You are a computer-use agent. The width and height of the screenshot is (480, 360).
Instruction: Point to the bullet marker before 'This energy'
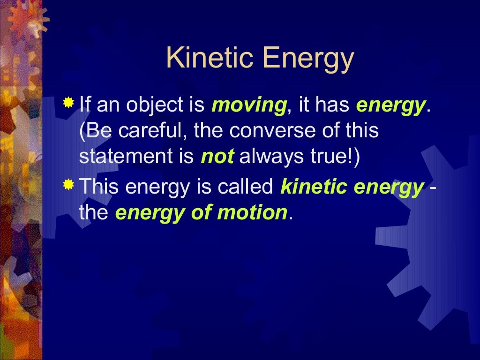[68, 185]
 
